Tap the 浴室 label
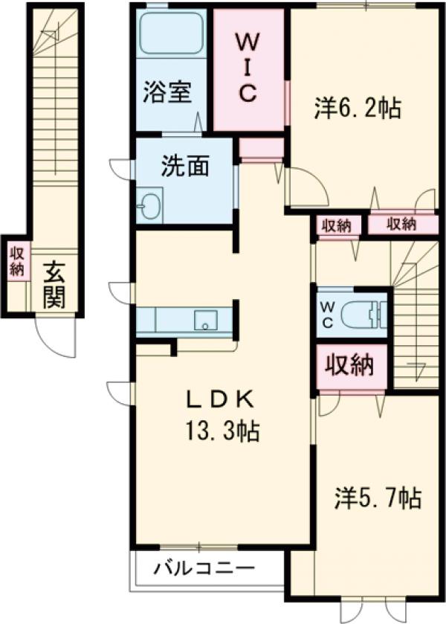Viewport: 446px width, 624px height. point(167,92)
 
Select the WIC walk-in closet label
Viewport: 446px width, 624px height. point(248,68)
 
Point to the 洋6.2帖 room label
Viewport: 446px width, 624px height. point(358,107)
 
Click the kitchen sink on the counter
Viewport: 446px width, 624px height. point(205,321)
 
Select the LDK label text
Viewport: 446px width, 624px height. point(221,399)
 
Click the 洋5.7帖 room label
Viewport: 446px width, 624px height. point(378,498)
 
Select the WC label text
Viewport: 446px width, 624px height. point(327,315)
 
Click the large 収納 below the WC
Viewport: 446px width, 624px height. point(349,365)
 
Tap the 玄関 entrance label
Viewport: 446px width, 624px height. point(54,286)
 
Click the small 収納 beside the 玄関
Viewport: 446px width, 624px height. point(17,262)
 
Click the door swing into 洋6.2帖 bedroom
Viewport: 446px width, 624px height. point(308,187)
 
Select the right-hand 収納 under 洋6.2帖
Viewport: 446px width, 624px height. point(402,224)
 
